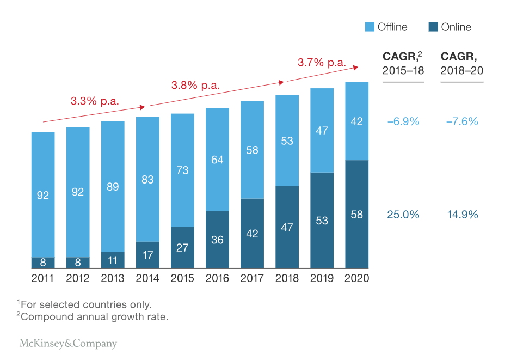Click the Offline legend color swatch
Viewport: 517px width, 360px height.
pos(370,27)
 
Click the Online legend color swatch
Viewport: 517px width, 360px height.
pos(433,27)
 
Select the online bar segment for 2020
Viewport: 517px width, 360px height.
pos(356,214)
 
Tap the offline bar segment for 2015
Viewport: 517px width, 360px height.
pos(182,170)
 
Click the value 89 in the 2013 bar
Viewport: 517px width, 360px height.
pos(113,187)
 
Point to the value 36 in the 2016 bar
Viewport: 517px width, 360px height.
pos(217,240)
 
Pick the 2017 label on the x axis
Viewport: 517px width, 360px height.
pos(252,279)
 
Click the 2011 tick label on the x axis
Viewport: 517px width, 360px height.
pos(43,279)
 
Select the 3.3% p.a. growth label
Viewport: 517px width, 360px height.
pos(95,101)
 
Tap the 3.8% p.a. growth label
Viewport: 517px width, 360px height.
pos(195,86)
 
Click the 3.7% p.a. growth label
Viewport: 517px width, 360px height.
pos(322,63)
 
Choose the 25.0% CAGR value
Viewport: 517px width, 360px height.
pos(403,215)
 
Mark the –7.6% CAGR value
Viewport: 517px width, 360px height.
pos(462,121)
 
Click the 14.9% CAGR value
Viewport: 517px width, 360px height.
pos(462,215)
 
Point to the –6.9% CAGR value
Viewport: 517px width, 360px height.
pos(403,121)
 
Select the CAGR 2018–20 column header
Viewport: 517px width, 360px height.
pos(462,63)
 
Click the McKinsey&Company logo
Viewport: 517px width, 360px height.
pos(68,344)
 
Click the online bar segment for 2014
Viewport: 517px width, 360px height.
pos(147,255)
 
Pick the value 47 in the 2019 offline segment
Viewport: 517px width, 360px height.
pos(322,130)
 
